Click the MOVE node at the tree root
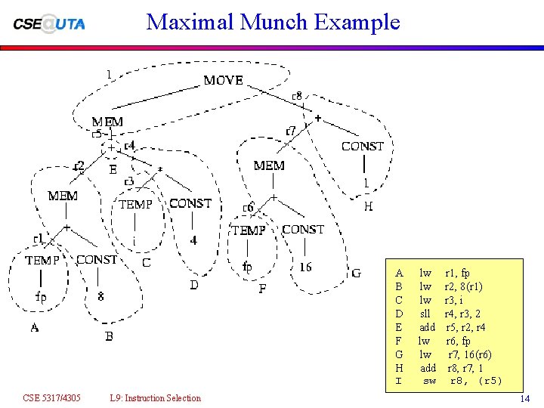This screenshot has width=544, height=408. coord(223,80)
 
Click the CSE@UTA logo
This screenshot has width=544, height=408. coord(49,23)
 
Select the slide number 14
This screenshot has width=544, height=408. coord(525,398)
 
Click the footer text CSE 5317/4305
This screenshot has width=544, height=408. coord(52,398)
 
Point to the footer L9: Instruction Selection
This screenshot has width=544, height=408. coord(155,398)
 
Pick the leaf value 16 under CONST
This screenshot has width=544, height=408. coord(305,267)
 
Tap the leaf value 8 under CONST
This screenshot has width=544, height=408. coord(101,297)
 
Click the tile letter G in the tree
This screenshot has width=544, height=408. coord(356,273)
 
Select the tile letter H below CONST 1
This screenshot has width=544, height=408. coord(368,206)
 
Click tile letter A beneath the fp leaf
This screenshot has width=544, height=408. coord(35,328)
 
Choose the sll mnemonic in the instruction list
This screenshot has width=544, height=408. coord(425,314)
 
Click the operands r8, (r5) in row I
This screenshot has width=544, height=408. coord(476,381)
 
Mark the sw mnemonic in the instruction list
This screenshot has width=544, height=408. coord(429,381)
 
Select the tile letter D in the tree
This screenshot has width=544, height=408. coord(194,285)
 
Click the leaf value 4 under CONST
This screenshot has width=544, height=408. coord(193,240)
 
